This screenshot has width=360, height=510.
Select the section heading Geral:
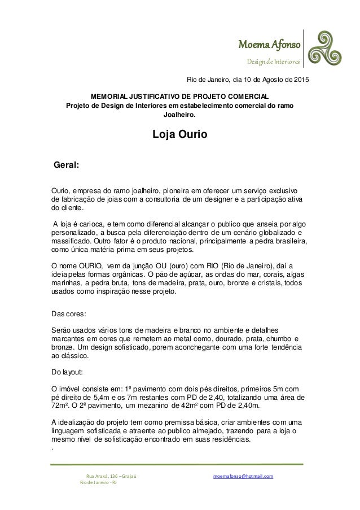(x=65, y=165)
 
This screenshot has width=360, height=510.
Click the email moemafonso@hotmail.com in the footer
(x=243, y=476)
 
